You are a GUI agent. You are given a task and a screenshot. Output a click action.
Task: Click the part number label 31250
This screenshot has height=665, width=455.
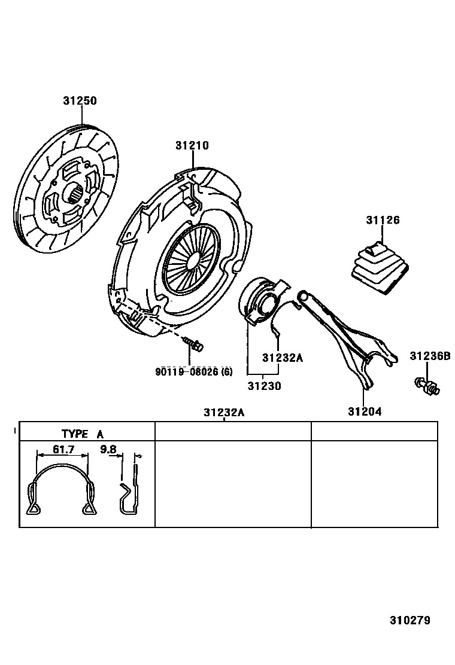[x=80, y=101]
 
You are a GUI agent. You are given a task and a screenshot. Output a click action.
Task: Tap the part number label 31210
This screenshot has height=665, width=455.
[x=192, y=145]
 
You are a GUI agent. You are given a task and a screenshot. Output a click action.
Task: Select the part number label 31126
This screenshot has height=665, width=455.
[x=383, y=220]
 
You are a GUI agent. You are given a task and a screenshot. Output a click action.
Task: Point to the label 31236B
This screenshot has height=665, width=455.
[x=429, y=356]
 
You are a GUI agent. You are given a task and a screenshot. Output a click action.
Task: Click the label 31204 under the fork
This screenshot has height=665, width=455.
[x=365, y=411]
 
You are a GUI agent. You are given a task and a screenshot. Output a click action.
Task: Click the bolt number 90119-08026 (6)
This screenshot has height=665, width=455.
[x=193, y=372]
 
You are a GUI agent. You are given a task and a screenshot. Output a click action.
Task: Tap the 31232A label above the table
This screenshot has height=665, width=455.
[x=223, y=413]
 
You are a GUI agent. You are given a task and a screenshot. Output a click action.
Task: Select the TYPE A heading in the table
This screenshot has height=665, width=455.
[x=81, y=434]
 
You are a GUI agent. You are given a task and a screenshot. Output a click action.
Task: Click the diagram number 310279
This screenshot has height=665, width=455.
[x=410, y=620]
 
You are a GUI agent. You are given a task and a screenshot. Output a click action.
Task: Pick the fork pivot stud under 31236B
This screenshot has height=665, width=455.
[x=426, y=386]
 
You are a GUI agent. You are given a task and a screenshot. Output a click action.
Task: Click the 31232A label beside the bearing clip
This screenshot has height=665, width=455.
[x=283, y=358]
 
